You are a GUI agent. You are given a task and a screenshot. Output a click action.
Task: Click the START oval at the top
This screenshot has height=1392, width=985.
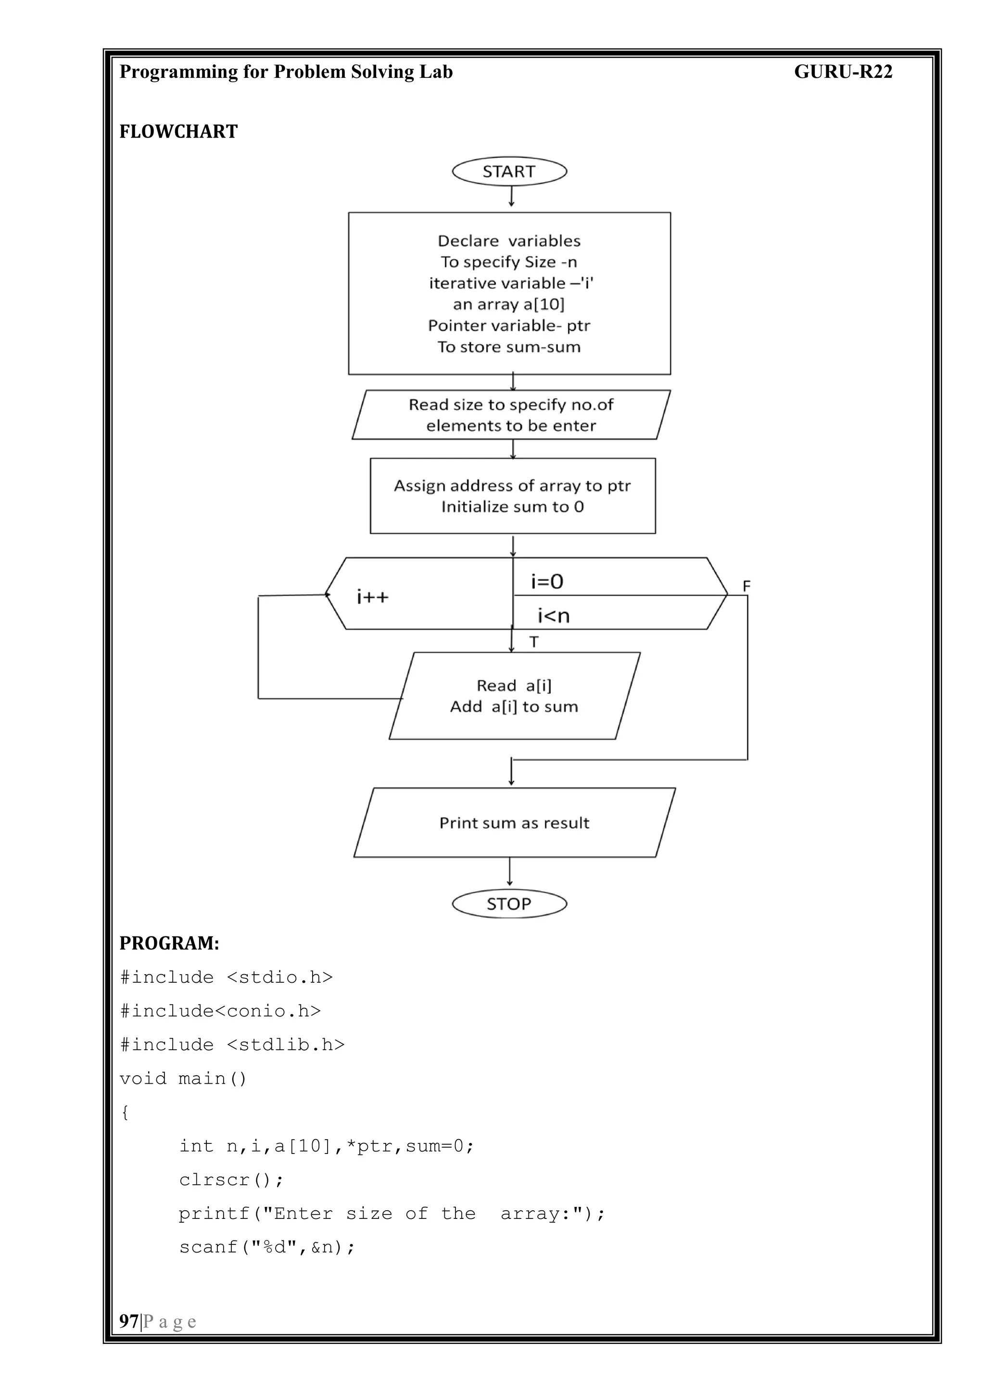[509, 172]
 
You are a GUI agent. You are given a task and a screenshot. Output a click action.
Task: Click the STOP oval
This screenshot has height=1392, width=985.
[509, 904]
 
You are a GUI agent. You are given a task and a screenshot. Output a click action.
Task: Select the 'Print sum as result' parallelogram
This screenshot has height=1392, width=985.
[514, 823]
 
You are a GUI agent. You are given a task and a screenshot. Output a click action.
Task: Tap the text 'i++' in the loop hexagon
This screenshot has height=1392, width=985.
[372, 597]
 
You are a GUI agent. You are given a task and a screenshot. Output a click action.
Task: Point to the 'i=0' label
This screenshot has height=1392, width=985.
[547, 581]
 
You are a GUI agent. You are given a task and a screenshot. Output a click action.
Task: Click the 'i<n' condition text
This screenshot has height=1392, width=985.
[553, 616]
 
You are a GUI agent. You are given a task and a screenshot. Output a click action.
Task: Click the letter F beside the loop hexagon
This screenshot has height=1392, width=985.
[746, 586]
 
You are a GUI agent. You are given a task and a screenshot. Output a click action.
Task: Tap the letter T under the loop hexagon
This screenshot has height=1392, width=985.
[534, 641]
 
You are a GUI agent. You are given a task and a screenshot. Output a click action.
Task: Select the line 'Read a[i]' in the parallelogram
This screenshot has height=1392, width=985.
[514, 686]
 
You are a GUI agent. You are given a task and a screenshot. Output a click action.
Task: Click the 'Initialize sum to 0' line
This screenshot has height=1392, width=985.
[513, 507]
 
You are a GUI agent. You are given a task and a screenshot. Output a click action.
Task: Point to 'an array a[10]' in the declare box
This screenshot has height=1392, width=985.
[508, 304]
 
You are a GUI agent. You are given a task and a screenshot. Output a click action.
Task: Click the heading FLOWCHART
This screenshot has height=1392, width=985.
[178, 132]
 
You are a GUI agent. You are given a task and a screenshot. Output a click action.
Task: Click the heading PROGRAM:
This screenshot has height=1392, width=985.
[169, 943]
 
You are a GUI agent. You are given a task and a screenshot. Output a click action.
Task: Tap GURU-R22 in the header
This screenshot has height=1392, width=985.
[843, 72]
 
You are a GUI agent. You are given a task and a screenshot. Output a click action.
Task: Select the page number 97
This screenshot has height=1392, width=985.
[128, 1321]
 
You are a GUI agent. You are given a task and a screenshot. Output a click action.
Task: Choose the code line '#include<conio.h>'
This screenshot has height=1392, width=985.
[220, 1011]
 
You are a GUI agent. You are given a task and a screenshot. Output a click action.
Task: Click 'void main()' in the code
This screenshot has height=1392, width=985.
[183, 1078]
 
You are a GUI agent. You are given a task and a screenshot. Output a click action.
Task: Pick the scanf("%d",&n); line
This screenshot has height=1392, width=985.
[267, 1247]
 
